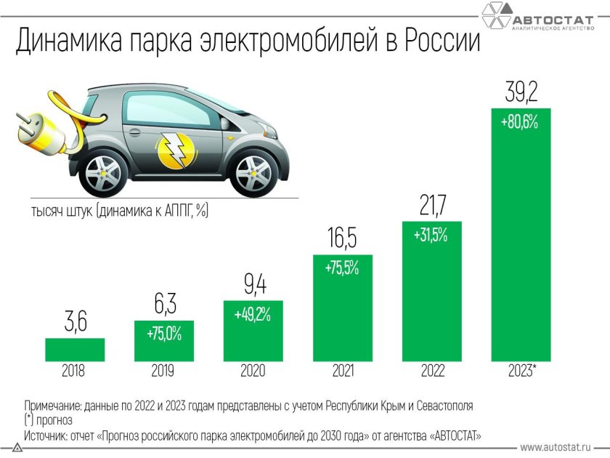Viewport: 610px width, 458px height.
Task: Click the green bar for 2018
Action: click(x=74, y=349)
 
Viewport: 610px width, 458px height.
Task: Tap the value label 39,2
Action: click(x=521, y=93)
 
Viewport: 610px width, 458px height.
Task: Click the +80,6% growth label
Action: click(x=520, y=122)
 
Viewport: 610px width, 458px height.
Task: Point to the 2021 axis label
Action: click(x=343, y=371)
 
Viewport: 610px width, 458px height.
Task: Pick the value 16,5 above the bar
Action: click(x=342, y=238)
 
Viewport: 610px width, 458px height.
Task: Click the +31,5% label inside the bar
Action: click(x=431, y=236)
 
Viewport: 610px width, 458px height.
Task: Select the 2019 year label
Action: click(x=163, y=371)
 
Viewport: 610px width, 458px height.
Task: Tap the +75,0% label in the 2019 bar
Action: click(x=163, y=334)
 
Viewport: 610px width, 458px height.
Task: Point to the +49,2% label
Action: click(x=253, y=315)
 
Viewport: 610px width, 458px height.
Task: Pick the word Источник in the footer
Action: click(x=47, y=435)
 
